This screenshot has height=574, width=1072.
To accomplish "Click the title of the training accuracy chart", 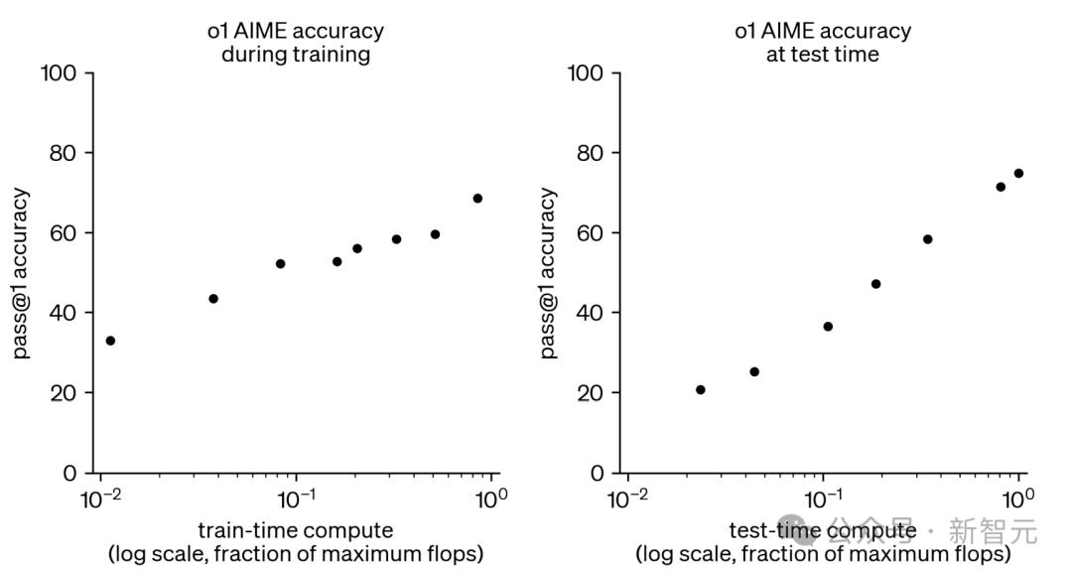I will click(x=295, y=43).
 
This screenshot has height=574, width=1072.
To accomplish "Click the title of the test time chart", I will click(x=822, y=43).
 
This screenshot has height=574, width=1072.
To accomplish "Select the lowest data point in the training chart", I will click(x=110, y=341).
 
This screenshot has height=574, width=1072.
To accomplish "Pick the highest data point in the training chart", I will click(x=477, y=199).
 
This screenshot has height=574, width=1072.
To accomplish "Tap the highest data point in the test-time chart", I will click(x=1018, y=174).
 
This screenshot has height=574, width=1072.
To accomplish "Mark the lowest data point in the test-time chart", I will click(x=701, y=390).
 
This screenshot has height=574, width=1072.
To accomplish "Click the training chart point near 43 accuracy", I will click(x=213, y=299).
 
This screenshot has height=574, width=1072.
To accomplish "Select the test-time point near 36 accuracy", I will click(x=828, y=327).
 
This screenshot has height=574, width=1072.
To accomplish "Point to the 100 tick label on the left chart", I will click(x=60, y=74).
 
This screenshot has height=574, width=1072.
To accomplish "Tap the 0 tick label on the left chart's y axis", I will click(x=69, y=473).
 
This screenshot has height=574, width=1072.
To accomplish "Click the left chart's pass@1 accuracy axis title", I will click(x=21, y=273).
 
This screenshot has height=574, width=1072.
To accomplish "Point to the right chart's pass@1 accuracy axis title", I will click(x=548, y=273).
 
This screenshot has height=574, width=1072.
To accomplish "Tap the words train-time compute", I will click(x=295, y=530).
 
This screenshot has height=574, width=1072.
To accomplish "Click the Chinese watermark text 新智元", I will click(x=993, y=531).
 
